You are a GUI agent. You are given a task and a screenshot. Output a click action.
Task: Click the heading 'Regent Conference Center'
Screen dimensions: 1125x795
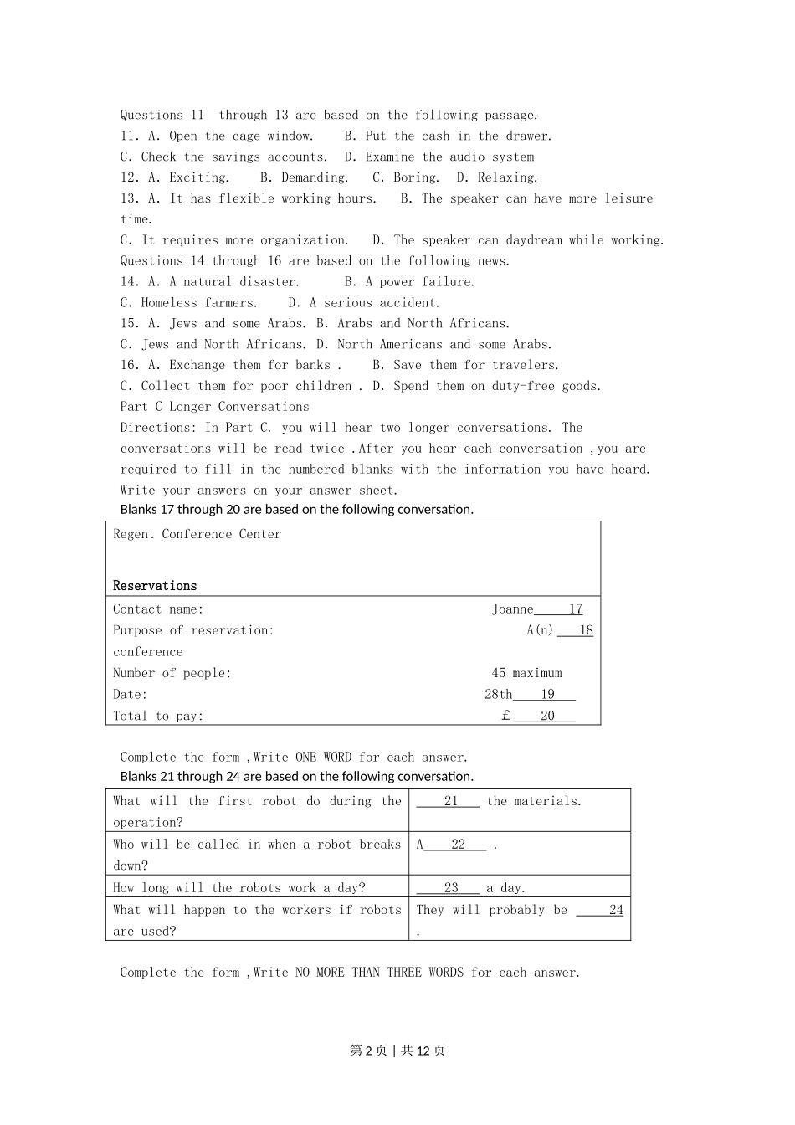pyautogui.click(x=197, y=534)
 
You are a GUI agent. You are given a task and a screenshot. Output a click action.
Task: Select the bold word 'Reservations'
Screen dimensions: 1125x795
pyautogui.click(x=155, y=586)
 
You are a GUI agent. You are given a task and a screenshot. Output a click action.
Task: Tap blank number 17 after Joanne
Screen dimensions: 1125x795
pyautogui.click(x=574, y=609)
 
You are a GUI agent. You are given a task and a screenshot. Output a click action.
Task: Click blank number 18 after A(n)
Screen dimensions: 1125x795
pyautogui.click(x=585, y=630)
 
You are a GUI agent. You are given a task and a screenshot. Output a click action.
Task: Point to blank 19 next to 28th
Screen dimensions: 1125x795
pyautogui.click(x=547, y=694)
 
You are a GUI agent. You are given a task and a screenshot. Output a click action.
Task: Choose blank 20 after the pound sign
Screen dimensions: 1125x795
pyautogui.click(x=547, y=716)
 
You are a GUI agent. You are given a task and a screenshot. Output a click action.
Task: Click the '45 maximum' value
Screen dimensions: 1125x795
pyautogui.click(x=526, y=673)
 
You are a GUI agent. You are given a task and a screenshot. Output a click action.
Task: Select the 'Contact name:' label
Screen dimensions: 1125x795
pyautogui.click(x=158, y=609)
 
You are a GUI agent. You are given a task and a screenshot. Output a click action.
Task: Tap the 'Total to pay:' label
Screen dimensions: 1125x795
pyautogui.click(x=158, y=716)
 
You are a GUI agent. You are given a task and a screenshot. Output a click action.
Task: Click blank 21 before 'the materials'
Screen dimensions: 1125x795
pyautogui.click(x=450, y=801)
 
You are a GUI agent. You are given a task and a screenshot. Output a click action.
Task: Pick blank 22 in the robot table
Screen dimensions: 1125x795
pyautogui.click(x=457, y=845)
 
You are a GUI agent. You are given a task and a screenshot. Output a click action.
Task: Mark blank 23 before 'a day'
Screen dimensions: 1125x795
pyautogui.click(x=450, y=888)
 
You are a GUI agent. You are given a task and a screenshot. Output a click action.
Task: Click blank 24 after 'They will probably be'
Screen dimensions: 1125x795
pyautogui.click(x=615, y=910)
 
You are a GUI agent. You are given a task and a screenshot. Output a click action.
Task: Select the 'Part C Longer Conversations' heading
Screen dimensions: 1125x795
pyautogui.click(x=214, y=407)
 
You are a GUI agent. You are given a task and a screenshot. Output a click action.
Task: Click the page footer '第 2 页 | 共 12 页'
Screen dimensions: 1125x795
pyautogui.click(x=397, y=1051)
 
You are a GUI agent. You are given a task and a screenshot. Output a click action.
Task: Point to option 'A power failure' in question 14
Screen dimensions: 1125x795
pyautogui.click(x=419, y=282)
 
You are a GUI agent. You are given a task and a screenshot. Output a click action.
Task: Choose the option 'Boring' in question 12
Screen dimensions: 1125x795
pyautogui.click(x=415, y=177)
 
